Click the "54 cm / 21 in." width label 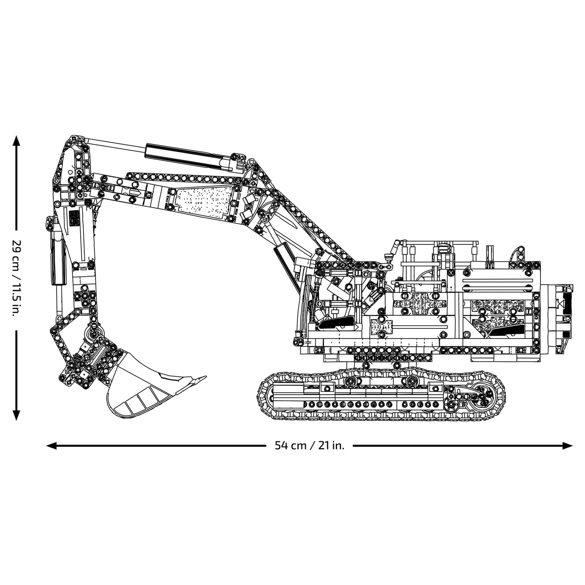(310, 446)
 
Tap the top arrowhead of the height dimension (16, 140)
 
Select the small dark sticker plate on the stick (74, 219)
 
